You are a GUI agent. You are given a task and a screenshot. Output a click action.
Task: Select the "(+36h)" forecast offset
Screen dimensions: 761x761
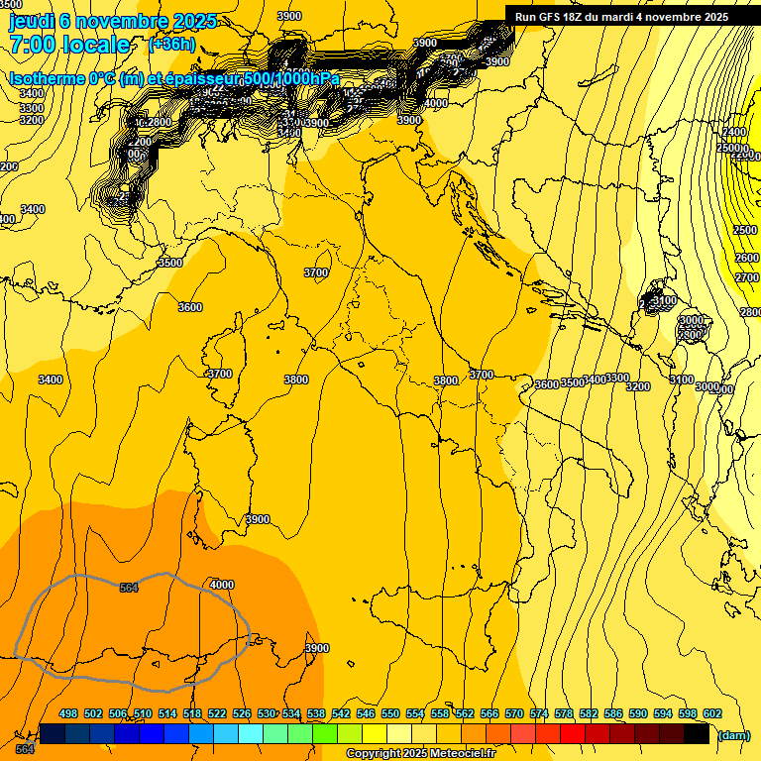[171, 45]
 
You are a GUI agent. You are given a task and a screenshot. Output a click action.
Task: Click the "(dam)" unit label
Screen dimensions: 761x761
[733, 735]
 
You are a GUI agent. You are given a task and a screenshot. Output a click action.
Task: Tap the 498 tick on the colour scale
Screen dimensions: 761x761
[68, 713]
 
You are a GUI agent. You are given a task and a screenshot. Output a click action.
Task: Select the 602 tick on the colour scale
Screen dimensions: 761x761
[712, 713]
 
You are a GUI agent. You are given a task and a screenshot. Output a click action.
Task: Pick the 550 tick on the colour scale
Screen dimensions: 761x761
[390, 713]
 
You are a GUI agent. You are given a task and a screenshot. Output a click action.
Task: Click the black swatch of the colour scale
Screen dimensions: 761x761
[697, 733]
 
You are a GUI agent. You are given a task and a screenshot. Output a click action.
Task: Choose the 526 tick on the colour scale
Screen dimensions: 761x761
[242, 713]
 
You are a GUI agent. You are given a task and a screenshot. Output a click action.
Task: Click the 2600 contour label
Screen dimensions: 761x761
[746, 258]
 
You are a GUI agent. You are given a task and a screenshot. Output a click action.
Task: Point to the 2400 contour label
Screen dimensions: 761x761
[734, 132]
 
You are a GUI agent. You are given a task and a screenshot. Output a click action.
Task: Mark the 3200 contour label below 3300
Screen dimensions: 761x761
[32, 120]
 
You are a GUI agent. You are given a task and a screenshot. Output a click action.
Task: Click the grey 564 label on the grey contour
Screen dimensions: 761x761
[129, 588]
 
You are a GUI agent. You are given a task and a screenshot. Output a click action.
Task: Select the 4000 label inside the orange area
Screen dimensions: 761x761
[222, 585]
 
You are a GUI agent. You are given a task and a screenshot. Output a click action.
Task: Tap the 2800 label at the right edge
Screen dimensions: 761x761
[750, 312]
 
